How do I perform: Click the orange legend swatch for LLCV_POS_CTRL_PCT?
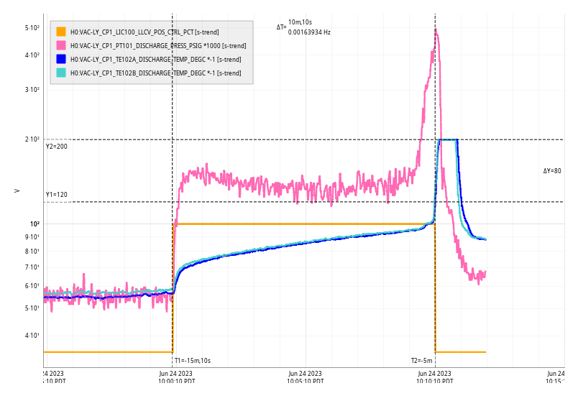61,32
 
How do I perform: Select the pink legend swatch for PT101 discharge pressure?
61,45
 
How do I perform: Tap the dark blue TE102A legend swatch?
61,59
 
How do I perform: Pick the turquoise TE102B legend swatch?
61,73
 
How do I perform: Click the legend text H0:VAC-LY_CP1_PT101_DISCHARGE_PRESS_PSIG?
158,45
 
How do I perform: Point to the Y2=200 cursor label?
56,147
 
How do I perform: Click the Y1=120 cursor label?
56,195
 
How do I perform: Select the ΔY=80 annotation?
551,171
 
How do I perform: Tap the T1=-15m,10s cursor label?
192,361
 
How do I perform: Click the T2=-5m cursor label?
422,361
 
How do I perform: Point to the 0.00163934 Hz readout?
309,32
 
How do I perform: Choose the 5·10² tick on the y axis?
32,28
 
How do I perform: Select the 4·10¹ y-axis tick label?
32,336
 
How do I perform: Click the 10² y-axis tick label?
35,224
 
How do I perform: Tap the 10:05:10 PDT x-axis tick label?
305,378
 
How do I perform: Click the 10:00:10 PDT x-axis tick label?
175,378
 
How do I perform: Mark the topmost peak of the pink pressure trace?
436,29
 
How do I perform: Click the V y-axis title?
17,190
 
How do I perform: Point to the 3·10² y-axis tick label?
32,90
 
